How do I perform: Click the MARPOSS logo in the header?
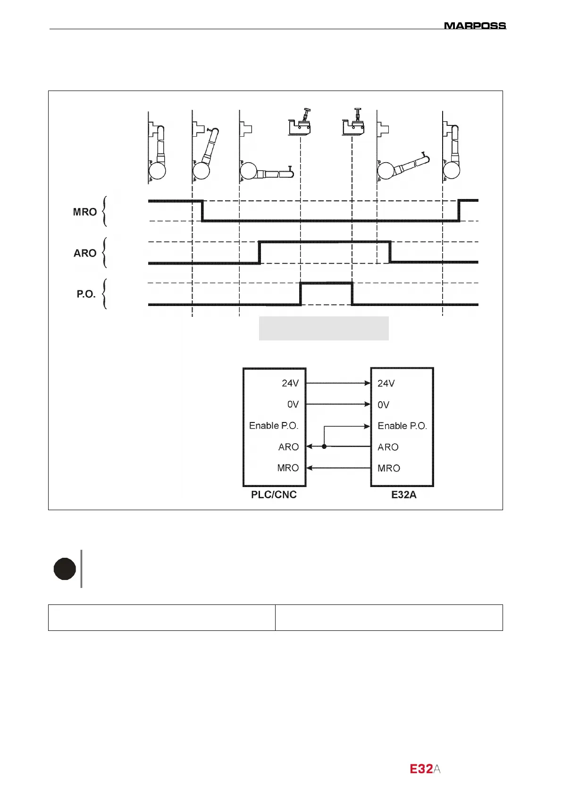point(475,25)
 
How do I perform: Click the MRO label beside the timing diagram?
point(85,212)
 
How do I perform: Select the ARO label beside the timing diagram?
point(85,253)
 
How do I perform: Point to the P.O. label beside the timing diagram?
point(86,294)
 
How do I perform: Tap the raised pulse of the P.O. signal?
point(326,283)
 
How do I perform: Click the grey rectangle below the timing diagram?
point(324,328)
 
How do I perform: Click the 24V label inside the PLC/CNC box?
point(290,383)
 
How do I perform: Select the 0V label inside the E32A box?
point(384,405)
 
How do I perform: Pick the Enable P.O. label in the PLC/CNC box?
point(274,426)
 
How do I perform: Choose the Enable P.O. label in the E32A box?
point(402,426)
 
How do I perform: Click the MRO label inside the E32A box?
point(389,468)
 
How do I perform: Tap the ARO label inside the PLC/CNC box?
point(288,447)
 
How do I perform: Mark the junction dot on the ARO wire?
point(324,447)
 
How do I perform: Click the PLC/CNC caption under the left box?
point(274,495)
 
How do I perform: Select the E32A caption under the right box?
point(404,495)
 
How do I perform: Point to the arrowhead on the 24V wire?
point(368,383)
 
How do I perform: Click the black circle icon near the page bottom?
point(65,569)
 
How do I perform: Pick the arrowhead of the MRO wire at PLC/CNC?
point(310,468)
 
